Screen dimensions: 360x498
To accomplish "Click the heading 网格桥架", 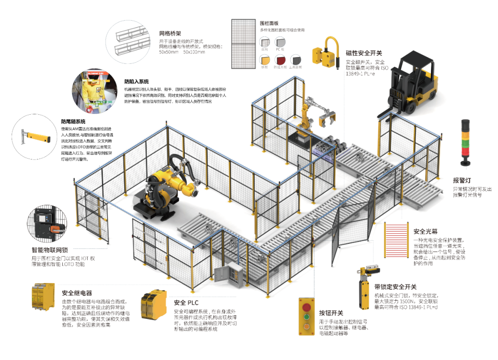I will [171, 33].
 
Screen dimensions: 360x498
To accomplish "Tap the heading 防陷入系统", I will [137, 82].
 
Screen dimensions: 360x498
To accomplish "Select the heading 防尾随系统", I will [73, 122].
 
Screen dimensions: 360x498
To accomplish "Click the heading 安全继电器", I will [77, 293].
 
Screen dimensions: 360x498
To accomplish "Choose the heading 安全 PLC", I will [186, 303].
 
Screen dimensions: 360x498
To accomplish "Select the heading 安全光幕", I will [426, 231].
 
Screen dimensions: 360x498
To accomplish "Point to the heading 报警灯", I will [462, 180].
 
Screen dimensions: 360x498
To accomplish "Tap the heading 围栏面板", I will [269, 22].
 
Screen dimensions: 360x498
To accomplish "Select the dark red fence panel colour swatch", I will [280, 60].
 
